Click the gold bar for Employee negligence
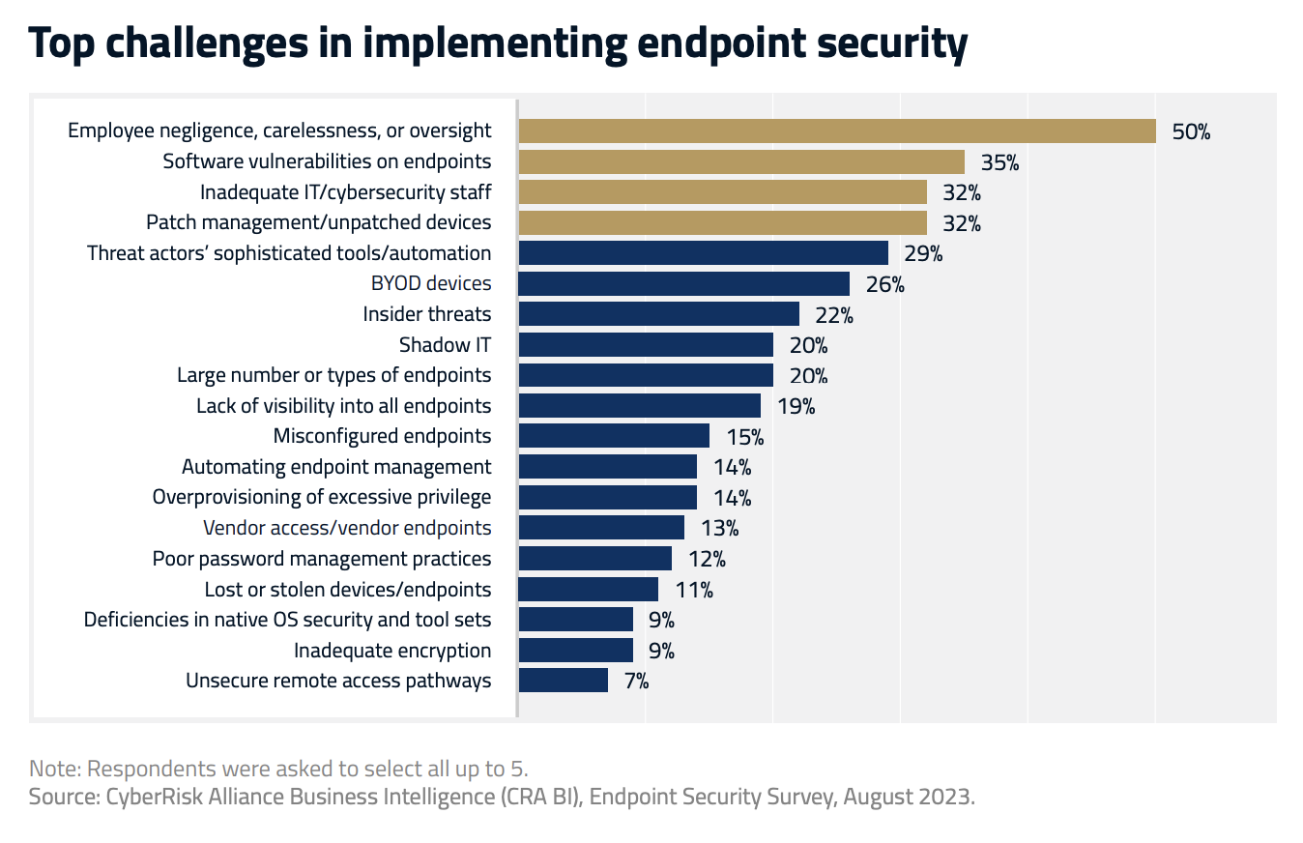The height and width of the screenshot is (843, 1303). [x=837, y=131]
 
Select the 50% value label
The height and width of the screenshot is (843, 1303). [x=1191, y=131]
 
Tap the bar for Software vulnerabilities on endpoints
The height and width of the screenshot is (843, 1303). [x=741, y=161]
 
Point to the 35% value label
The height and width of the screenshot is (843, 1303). [x=999, y=162]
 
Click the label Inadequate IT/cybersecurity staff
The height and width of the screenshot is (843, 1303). [x=345, y=191]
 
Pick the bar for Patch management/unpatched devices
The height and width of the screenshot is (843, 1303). [x=723, y=222]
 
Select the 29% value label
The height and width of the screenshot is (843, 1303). [x=923, y=253]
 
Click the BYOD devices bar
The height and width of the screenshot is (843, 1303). [x=684, y=283]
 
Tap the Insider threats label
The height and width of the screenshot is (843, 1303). [x=426, y=313]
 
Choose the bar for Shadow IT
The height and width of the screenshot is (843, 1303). [x=646, y=345]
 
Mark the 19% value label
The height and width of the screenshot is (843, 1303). [x=796, y=406]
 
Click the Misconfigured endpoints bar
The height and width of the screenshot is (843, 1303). [x=614, y=436]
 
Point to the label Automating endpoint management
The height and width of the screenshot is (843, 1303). [x=336, y=467]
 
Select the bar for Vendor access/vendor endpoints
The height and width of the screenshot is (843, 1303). [x=601, y=528]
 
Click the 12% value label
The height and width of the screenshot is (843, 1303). [x=706, y=559]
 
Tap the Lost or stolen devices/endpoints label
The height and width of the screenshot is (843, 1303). [x=347, y=589]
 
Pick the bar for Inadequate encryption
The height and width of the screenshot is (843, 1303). [x=576, y=650]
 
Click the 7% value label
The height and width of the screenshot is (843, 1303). [x=635, y=681]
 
